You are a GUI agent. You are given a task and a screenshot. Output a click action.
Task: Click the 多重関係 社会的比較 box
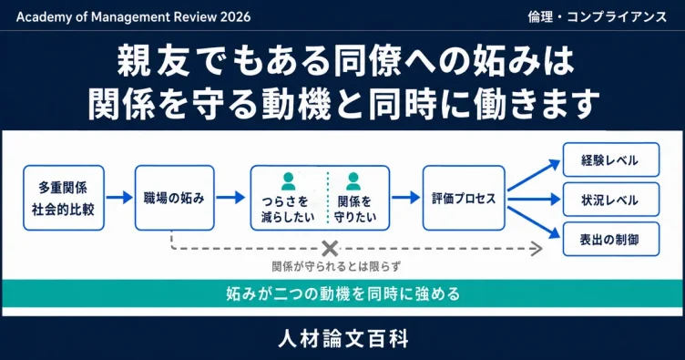click(x=64, y=198)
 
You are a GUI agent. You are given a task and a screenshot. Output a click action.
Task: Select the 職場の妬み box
click(x=174, y=198)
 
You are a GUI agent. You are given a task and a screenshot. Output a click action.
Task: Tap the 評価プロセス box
click(x=464, y=198)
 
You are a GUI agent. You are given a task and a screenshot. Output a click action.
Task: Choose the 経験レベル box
click(x=610, y=159)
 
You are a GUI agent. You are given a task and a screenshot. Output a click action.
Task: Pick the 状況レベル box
click(x=610, y=200)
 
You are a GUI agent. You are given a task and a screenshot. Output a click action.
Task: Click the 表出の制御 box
click(x=610, y=239)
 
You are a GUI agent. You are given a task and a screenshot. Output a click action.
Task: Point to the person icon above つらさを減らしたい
click(x=288, y=181)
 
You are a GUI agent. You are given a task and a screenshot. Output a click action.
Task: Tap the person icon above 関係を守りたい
click(x=353, y=181)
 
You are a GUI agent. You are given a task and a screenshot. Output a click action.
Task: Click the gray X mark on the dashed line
click(x=330, y=249)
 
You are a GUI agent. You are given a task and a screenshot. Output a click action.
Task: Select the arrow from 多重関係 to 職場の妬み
click(x=119, y=198)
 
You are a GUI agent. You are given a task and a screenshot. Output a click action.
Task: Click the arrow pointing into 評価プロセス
click(x=405, y=198)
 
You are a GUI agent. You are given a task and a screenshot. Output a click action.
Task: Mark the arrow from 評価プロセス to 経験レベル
click(x=534, y=175)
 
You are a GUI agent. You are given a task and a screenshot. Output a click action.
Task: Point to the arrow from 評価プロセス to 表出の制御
click(x=534, y=222)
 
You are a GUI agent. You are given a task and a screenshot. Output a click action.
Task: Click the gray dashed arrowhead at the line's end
click(x=537, y=249)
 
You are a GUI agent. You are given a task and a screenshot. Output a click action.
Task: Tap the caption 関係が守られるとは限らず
click(x=336, y=266)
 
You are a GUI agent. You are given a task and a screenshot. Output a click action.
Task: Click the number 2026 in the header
click(x=235, y=17)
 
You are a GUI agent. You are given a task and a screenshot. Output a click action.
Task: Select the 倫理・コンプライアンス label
click(x=598, y=17)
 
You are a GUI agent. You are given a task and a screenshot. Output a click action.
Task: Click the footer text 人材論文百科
click(x=343, y=339)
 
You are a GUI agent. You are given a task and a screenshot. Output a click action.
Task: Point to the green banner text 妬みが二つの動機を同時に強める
click(x=342, y=293)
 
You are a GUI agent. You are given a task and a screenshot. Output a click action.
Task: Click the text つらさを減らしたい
click(x=288, y=209)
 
